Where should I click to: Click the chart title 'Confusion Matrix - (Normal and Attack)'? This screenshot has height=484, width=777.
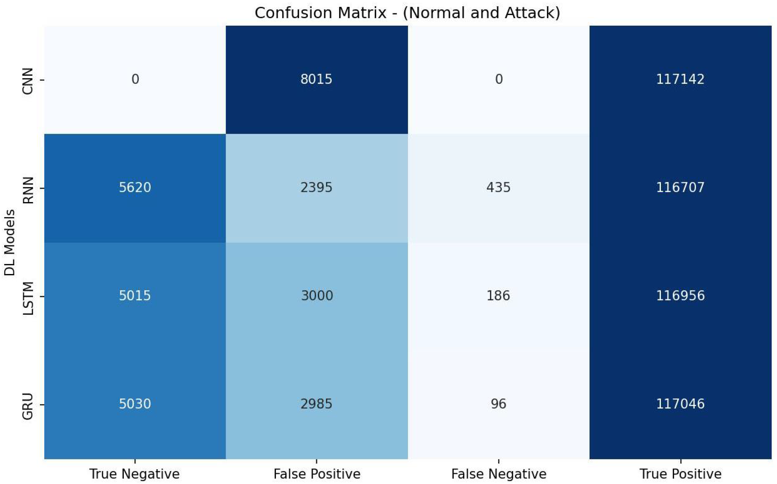coord(407,13)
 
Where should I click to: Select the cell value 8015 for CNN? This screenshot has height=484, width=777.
coord(316,79)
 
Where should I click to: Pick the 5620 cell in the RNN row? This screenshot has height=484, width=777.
coord(135,187)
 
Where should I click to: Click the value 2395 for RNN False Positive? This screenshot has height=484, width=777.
coord(316,187)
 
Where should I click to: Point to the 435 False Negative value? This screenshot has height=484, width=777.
coord(498,187)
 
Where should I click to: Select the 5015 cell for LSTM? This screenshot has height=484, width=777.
coord(135,295)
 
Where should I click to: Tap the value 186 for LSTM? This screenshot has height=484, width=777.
coord(498,295)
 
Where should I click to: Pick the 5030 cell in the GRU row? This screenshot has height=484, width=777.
coord(135,404)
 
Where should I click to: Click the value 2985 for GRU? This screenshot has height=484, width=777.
coord(316,404)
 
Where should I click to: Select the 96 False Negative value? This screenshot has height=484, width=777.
coord(498,404)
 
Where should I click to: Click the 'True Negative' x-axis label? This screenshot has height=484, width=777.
coord(135,474)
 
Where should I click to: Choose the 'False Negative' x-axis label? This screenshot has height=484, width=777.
coord(499,474)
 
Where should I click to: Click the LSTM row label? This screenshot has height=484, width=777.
coord(28,298)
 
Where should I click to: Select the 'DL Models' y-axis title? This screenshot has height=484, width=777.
coord(10,242)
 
